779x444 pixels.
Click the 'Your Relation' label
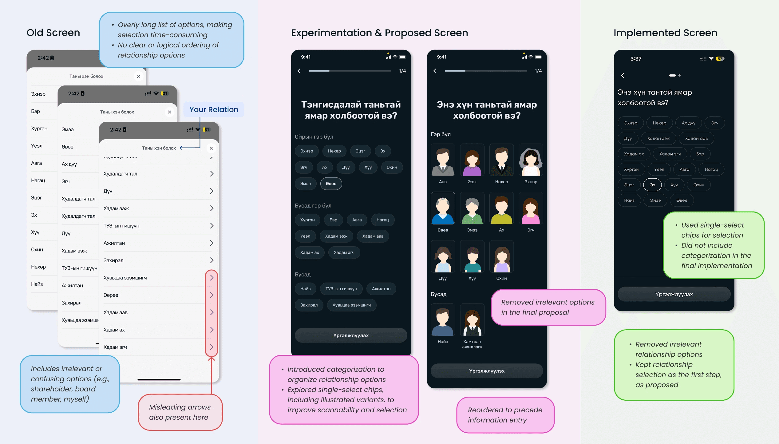coord(214,109)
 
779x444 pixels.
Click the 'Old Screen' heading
coord(53,33)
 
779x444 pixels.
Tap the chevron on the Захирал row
coord(212,260)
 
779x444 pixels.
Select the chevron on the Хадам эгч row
coord(212,347)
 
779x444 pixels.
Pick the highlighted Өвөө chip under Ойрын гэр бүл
coord(331,184)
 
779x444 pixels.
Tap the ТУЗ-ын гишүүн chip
coord(341,289)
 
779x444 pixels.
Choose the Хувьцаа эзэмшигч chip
coord(351,305)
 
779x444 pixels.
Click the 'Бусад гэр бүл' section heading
coord(313,205)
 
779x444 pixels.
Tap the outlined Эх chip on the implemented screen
coord(652,185)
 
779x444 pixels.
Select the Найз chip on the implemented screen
coord(629,200)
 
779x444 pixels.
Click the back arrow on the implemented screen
coord(623,75)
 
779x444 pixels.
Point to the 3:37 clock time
coord(635,59)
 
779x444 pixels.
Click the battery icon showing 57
coord(720,59)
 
